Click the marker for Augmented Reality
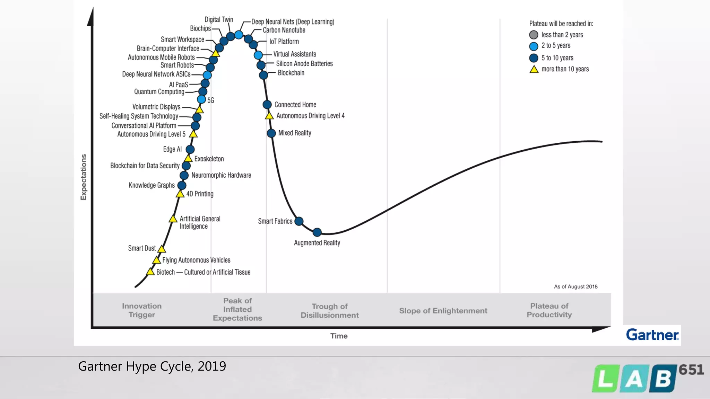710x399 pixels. (317, 232)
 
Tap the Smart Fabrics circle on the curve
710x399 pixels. (299, 221)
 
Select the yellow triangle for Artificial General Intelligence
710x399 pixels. (173, 219)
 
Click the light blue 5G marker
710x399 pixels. (201, 99)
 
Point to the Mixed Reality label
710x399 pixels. (295, 133)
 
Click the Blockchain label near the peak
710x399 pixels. (291, 73)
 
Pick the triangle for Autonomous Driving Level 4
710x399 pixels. (269, 116)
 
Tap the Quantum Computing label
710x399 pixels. (159, 92)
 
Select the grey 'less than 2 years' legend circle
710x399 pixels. (534, 35)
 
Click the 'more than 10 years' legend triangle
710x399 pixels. (534, 70)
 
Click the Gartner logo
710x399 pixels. (652, 335)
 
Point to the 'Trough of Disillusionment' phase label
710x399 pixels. (329, 311)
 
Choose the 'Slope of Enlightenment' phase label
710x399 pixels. (443, 311)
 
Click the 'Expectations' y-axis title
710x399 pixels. (84, 177)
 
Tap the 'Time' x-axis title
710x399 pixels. (339, 336)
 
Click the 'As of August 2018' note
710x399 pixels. (575, 286)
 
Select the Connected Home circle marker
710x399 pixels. (267, 105)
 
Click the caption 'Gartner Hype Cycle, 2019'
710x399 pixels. (152, 366)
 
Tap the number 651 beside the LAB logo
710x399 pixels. (691, 370)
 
